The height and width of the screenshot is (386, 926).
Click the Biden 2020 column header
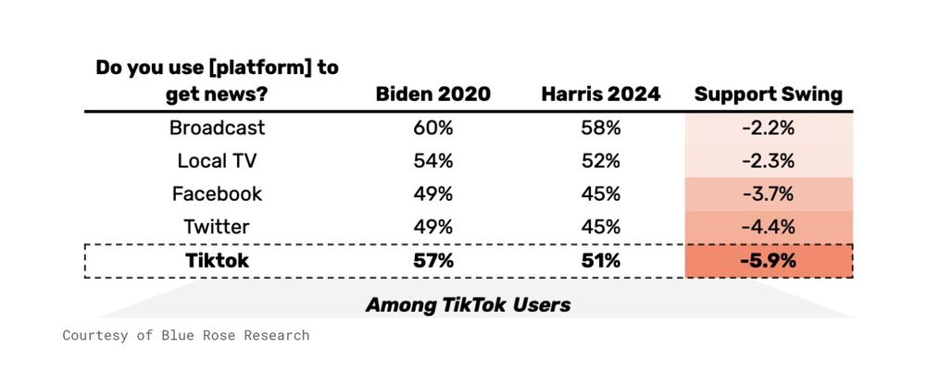pos(432,94)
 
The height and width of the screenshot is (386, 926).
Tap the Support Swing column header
pos(768,94)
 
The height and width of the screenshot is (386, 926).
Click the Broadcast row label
pos(217,128)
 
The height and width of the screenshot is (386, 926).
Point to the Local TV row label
pos(217,161)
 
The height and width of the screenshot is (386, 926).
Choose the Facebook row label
pos(217,193)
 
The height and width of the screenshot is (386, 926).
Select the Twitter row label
pos(217,227)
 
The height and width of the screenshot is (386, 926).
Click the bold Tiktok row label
pos(217,260)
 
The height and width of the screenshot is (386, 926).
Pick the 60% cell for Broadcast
pos(432,128)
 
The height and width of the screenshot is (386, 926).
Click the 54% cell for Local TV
pos(432,161)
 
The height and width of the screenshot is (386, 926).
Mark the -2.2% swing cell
pos(769,128)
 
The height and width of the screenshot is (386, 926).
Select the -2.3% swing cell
pos(769,161)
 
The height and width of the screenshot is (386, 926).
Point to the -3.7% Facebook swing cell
pos(769,193)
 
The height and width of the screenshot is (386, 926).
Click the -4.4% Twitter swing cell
pos(769,227)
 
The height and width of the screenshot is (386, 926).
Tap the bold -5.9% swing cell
pos(769,260)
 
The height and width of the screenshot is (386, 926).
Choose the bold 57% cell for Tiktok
pos(432,260)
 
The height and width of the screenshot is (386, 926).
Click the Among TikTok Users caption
pos(468,304)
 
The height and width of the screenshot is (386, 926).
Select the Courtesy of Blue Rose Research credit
pos(186,335)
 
